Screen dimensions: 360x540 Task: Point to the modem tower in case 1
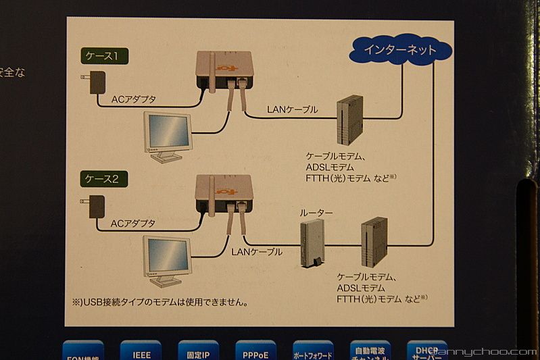(349, 120)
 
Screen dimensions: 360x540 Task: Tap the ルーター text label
(316, 213)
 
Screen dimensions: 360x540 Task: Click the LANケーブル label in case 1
(292, 109)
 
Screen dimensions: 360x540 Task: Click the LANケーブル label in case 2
(256, 252)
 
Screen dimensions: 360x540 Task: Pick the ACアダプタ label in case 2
(133, 223)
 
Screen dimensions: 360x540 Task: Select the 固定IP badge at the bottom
(198, 351)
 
